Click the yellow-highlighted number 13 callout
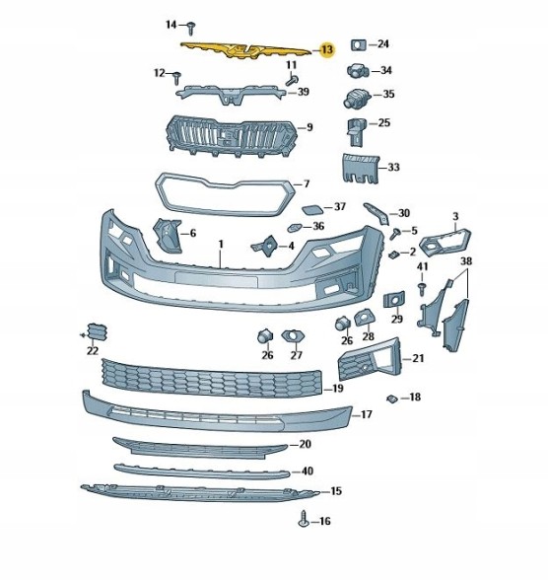pyautogui.click(x=327, y=49)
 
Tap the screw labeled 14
pyautogui.click(x=191, y=29)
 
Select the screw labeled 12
pyautogui.click(x=177, y=78)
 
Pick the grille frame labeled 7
pyautogui.click(x=225, y=212)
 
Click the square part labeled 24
pyautogui.click(x=359, y=44)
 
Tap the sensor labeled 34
pyautogui.click(x=357, y=70)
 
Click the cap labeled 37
pyautogui.click(x=312, y=210)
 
